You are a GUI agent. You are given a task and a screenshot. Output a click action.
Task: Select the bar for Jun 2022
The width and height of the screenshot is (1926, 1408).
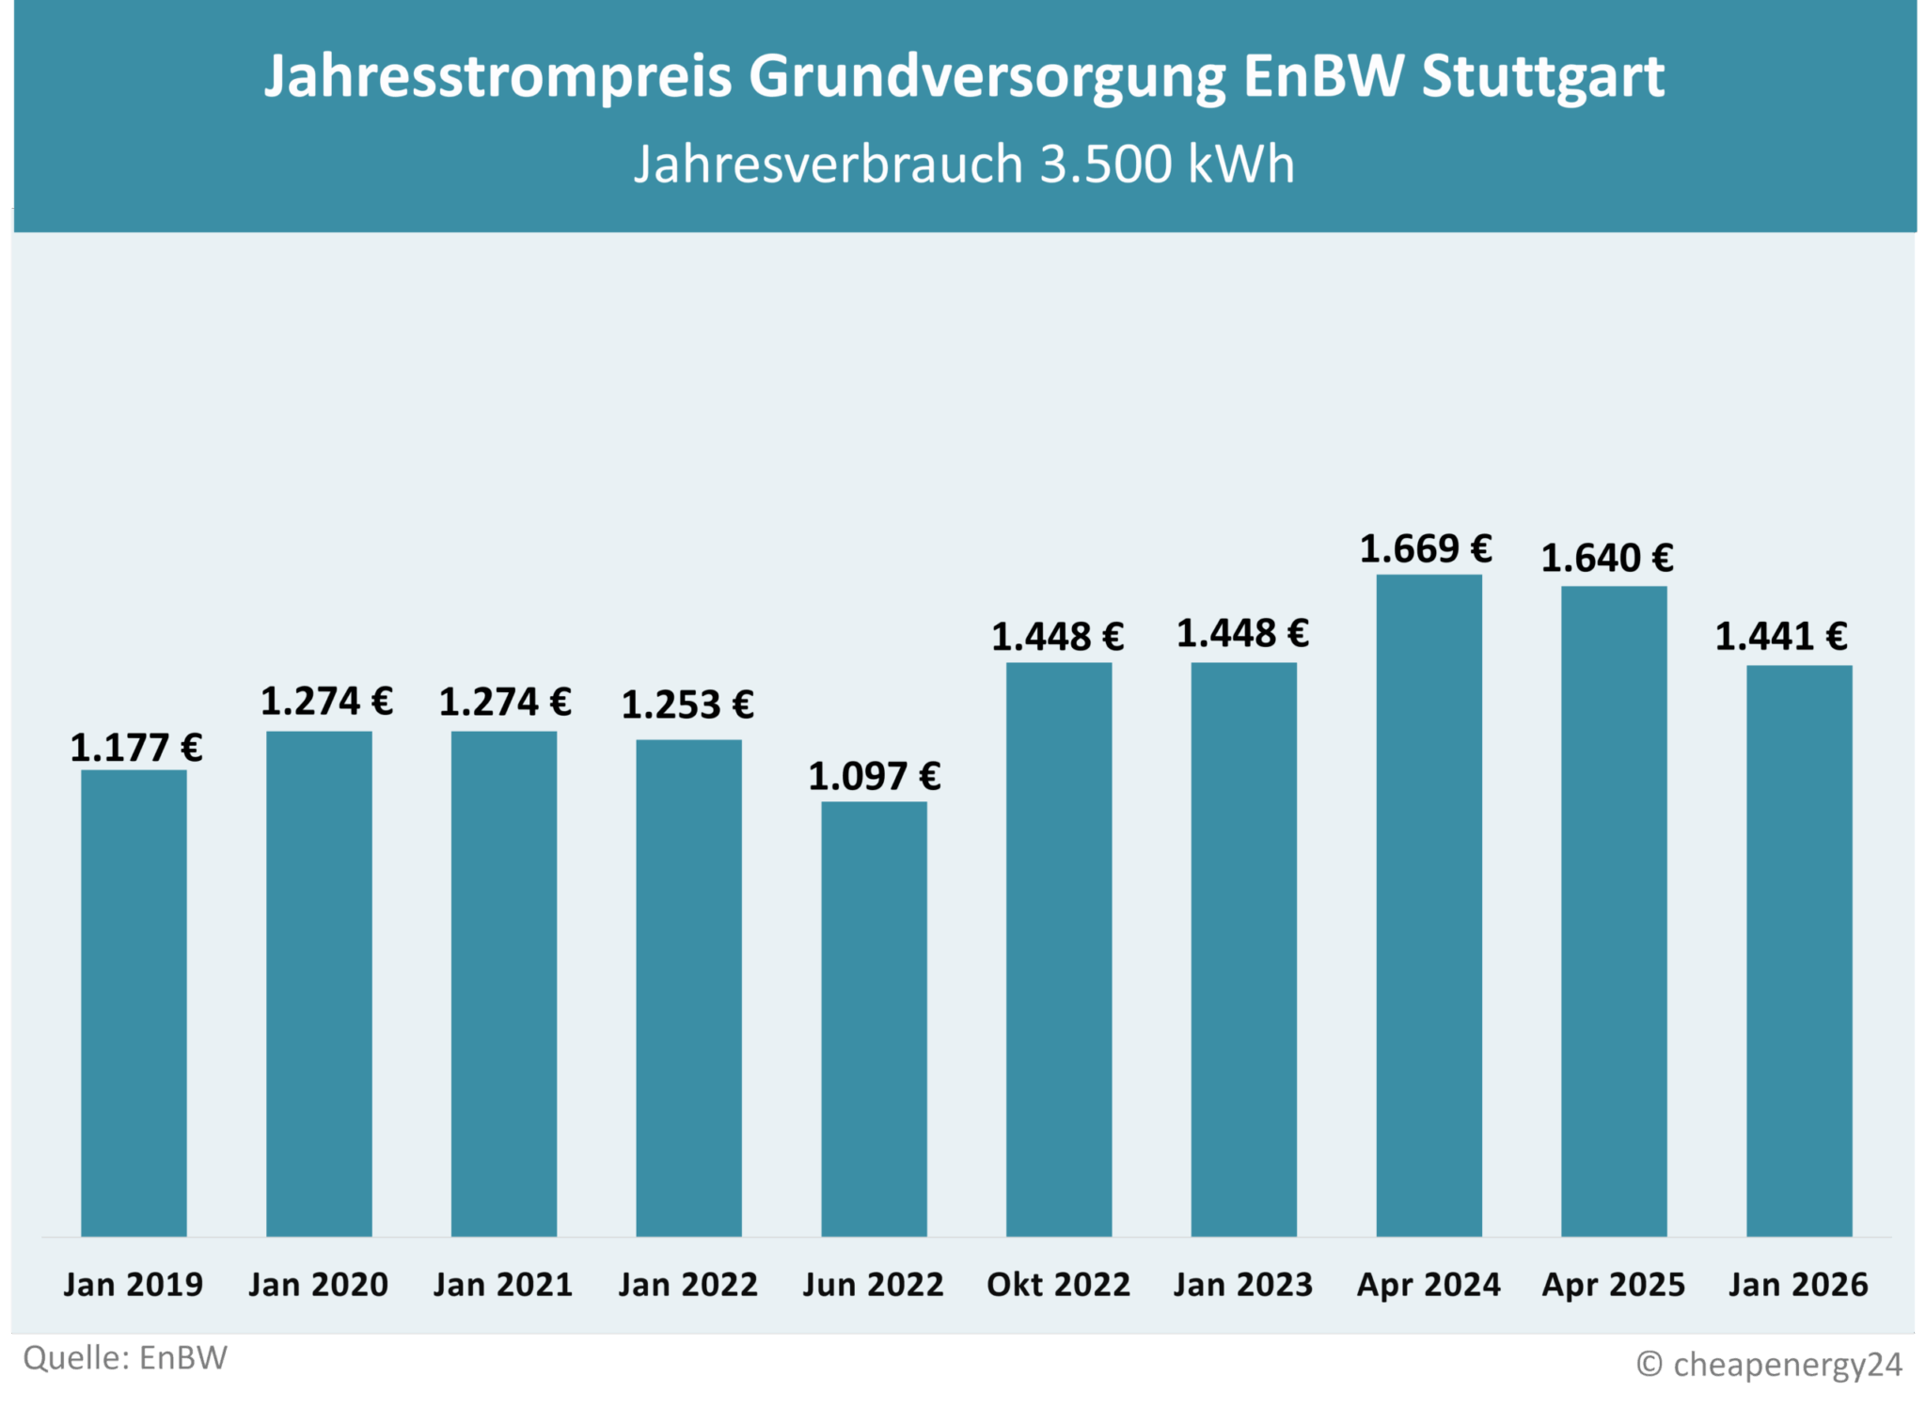coord(874,1018)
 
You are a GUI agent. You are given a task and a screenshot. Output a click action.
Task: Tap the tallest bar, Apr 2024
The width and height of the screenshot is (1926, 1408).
coord(1429,905)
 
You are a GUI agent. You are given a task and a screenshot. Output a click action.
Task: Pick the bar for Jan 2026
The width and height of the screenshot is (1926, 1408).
coord(1799,950)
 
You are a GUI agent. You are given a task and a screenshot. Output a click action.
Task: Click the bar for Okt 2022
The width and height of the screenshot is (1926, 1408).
coord(1059,948)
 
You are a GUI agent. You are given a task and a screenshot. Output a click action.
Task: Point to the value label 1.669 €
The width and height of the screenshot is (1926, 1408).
coord(1426,549)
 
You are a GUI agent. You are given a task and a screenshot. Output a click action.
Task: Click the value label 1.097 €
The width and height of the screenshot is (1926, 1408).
coord(874,777)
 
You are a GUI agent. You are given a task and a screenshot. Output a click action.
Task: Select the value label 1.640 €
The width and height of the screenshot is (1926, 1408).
coord(1607,559)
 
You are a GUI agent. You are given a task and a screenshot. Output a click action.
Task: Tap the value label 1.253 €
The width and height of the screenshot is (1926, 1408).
coord(687,705)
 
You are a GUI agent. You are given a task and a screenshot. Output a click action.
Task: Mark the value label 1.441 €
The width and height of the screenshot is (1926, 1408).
coord(1781,638)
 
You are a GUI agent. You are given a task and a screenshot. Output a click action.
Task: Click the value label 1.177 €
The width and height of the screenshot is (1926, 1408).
coord(136,749)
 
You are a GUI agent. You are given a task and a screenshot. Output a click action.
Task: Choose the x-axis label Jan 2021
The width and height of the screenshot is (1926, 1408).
coord(503,1285)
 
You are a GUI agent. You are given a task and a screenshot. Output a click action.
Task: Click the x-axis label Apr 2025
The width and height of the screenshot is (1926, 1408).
coord(1614,1285)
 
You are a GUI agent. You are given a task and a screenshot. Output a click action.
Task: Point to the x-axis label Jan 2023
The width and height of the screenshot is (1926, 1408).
coord(1243,1285)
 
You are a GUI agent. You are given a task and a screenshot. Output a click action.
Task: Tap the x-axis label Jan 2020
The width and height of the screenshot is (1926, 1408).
coord(318,1285)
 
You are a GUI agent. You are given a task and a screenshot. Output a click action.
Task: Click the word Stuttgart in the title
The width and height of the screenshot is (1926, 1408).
coord(1542,77)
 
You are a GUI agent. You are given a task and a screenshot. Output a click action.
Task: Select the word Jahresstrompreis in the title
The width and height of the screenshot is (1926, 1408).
coord(497,77)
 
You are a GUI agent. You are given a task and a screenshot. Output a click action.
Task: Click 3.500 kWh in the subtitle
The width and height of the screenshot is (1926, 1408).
coord(1166,165)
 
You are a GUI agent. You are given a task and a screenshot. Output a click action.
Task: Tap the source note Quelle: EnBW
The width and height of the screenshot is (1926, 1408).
coord(125,1359)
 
